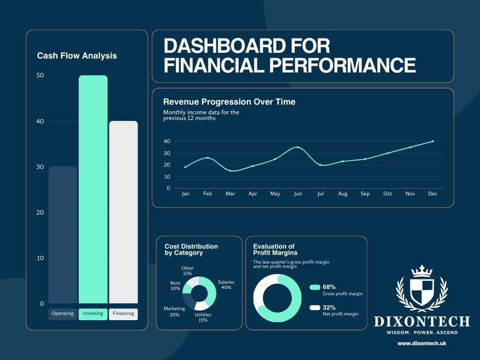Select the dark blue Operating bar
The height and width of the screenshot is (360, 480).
click(x=63, y=235)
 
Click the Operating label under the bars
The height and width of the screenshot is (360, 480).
click(x=63, y=314)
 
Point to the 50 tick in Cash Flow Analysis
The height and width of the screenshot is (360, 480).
click(x=40, y=75)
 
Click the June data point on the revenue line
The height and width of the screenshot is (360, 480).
click(x=298, y=147)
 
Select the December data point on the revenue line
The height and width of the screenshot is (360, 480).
click(x=433, y=141)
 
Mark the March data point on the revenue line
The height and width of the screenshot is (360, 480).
click(x=230, y=171)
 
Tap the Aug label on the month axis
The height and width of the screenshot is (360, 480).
click(x=343, y=194)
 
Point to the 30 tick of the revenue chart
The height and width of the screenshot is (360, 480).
click(x=167, y=153)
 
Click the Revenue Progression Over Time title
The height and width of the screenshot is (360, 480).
click(x=229, y=102)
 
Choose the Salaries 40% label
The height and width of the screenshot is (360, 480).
click(x=226, y=285)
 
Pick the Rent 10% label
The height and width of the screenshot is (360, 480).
click(x=175, y=286)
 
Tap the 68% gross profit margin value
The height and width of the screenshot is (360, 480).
click(x=329, y=287)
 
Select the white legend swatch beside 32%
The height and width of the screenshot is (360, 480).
click(x=315, y=308)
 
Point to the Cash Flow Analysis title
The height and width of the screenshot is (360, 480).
click(x=77, y=56)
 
